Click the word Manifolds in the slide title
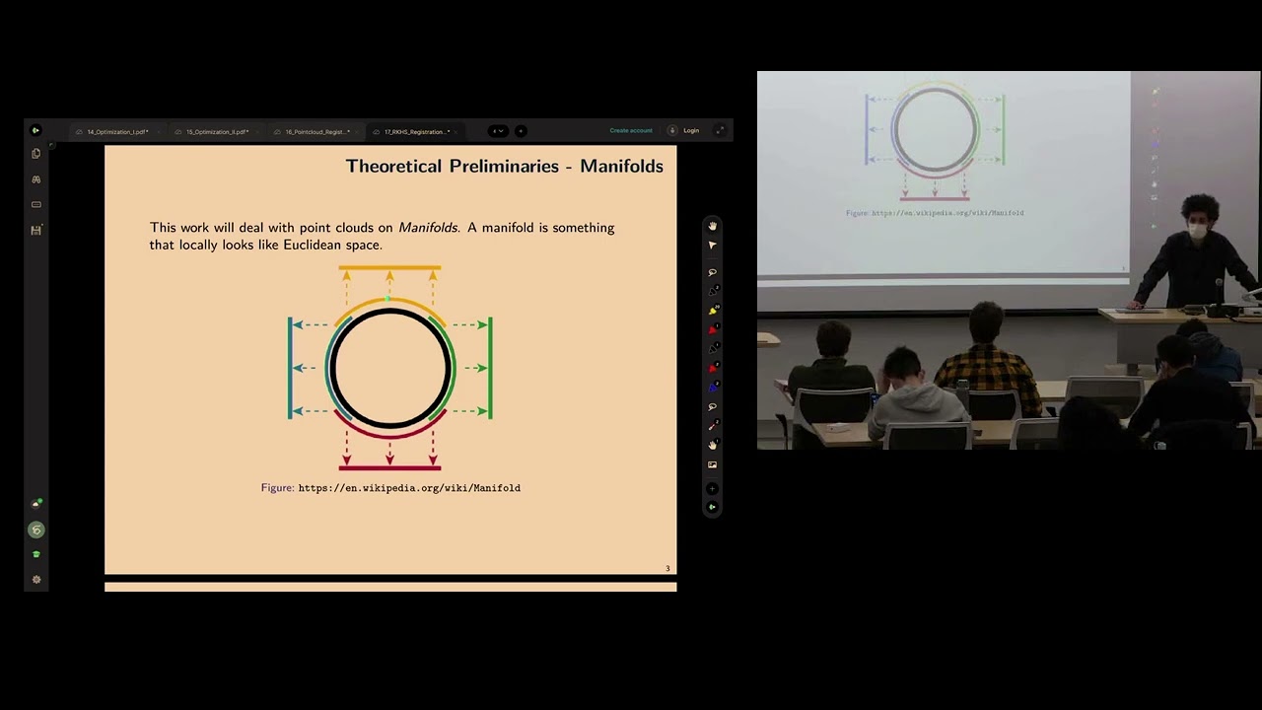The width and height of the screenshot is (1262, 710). (x=621, y=167)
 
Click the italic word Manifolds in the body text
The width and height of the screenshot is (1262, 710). (x=428, y=228)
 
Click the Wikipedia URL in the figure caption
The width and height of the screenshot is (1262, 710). (x=409, y=488)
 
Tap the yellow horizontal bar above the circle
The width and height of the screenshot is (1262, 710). (x=389, y=267)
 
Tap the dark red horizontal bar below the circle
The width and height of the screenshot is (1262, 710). (x=389, y=467)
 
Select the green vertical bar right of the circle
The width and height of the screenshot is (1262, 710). (x=490, y=368)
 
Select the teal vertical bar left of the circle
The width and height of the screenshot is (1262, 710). (x=290, y=368)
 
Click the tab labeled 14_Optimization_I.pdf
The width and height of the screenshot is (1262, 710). (x=117, y=131)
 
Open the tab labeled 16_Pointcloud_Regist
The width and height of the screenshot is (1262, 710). (x=316, y=131)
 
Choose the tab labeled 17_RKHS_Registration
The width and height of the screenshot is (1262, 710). (x=416, y=131)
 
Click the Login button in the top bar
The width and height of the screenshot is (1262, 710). (x=691, y=130)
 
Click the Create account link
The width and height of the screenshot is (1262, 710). (x=631, y=130)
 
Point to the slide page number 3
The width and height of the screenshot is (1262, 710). (x=667, y=568)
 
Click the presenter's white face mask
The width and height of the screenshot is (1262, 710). (x=1197, y=232)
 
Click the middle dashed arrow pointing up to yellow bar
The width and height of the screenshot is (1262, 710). (x=389, y=284)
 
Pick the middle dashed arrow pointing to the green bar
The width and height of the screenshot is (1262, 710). (x=471, y=368)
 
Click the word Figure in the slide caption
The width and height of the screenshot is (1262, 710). (x=277, y=488)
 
